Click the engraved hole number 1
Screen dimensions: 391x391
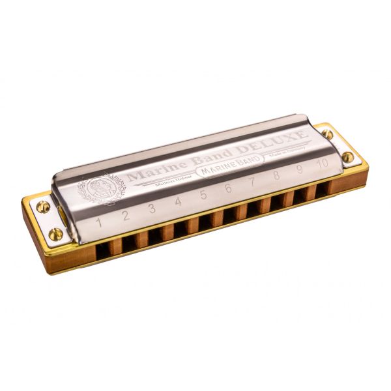[100, 222]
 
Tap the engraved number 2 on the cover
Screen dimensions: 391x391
[126, 216]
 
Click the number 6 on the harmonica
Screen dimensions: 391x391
[228, 188]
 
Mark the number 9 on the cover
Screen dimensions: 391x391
[299, 169]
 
